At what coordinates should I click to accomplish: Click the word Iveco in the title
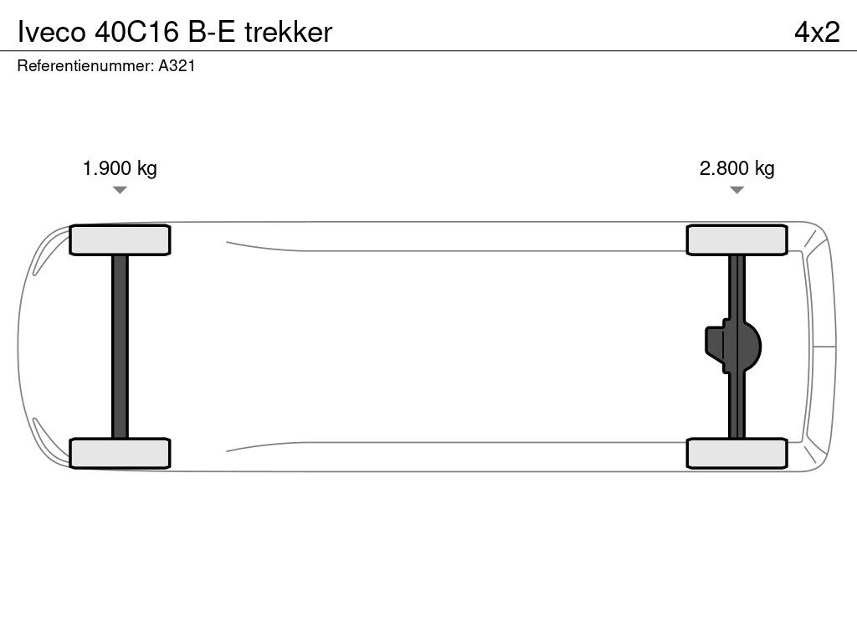46,32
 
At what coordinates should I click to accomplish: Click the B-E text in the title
210,32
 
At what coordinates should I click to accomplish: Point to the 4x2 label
816,32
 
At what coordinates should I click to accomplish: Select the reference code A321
177,67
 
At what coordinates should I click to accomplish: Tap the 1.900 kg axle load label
120,168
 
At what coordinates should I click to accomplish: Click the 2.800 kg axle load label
736,168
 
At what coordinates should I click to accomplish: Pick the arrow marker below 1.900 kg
120,190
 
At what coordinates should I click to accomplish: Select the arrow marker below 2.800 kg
736,190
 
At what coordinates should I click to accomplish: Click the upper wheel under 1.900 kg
120,240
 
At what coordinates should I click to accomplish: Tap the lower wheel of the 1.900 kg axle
120,453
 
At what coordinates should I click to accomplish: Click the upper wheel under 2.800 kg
736,240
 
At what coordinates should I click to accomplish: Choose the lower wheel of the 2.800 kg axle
736,453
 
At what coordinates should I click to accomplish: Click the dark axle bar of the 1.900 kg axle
120,346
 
